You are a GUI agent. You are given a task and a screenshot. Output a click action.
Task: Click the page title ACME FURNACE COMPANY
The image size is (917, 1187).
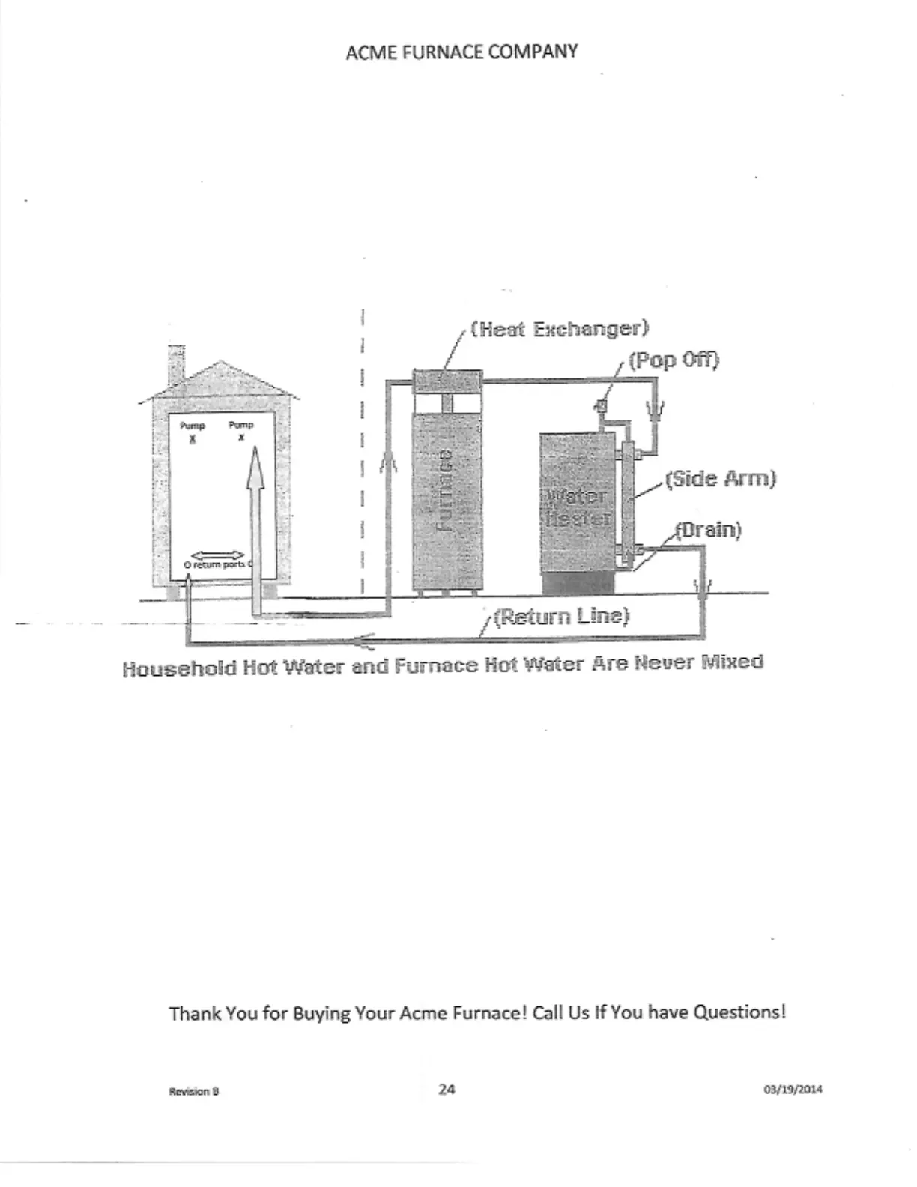(x=461, y=52)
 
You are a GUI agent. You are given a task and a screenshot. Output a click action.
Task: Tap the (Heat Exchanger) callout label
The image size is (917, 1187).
(x=559, y=329)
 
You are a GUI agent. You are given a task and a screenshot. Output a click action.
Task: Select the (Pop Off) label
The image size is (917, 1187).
(x=674, y=360)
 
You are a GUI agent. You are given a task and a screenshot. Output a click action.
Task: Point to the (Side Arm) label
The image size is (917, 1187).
(x=720, y=479)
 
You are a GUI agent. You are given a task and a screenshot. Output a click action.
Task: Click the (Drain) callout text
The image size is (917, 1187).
(x=708, y=530)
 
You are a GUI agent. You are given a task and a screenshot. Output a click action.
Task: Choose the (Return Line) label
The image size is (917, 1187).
(x=561, y=617)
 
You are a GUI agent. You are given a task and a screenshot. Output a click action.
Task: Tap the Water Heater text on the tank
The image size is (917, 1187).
(x=576, y=507)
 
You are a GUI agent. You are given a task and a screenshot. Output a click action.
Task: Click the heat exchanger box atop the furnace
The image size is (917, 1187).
(x=447, y=380)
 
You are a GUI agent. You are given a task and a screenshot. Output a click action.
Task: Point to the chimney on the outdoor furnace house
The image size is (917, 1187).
(x=176, y=365)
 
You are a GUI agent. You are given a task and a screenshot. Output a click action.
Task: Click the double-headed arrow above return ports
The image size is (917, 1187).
(x=218, y=555)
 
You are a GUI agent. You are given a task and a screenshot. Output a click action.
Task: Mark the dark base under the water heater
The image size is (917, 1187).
(x=578, y=584)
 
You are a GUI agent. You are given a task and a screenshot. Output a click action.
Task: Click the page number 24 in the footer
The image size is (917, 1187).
(x=447, y=1089)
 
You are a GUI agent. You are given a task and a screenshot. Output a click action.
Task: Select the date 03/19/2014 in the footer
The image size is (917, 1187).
(x=793, y=1090)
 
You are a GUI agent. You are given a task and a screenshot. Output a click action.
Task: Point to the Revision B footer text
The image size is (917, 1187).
(x=194, y=1091)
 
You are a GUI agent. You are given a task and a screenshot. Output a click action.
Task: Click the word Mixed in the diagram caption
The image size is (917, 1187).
(x=732, y=662)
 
